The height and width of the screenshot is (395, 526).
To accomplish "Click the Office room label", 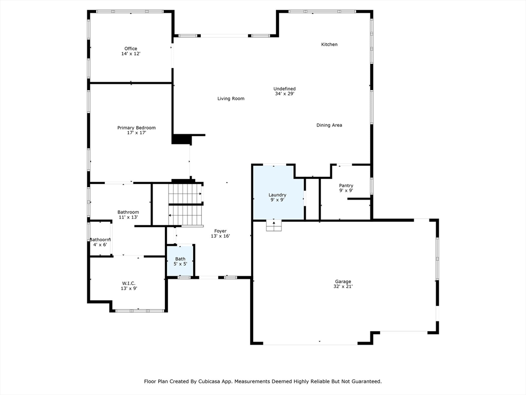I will (x=130, y=49).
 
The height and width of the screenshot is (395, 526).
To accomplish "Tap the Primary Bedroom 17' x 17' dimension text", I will (x=137, y=133).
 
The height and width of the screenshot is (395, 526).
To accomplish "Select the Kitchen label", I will (x=329, y=45).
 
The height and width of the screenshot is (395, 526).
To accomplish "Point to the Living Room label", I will (x=231, y=99).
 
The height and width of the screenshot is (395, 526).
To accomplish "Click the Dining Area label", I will (x=329, y=125).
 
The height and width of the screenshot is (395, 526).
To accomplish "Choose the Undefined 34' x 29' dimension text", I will (x=285, y=94).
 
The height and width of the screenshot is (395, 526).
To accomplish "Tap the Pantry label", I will (x=346, y=186).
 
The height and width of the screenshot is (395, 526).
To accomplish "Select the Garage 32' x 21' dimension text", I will (x=343, y=286).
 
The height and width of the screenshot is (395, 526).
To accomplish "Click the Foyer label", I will (x=220, y=231).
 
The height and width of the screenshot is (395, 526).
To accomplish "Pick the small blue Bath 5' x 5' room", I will (x=180, y=261).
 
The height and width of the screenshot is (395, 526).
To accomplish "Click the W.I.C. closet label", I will (x=128, y=283).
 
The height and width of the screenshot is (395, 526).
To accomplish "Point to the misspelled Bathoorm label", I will (x=100, y=240).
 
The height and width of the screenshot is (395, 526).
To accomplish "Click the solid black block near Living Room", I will (x=181, y=139).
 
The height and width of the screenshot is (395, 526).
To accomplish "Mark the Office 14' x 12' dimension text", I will (x=130, y=54).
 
